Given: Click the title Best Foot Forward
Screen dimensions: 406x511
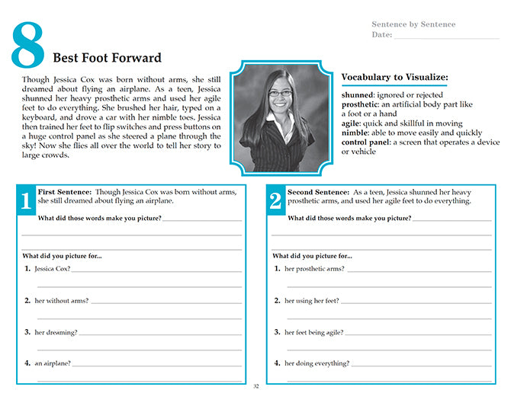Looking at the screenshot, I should coord(107,58).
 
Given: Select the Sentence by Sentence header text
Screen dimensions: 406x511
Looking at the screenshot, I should coord(413,24).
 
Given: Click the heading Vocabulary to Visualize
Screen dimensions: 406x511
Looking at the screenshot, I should coord(394,77).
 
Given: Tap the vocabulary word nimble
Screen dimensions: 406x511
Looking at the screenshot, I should coord(356,133).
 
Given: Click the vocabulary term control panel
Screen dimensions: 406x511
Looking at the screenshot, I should coord(365,142).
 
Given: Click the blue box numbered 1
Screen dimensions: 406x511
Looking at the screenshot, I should coord(26,200).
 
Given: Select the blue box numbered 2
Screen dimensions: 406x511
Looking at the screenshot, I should coord(276,200).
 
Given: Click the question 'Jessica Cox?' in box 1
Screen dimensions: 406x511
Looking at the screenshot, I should coord(52,269).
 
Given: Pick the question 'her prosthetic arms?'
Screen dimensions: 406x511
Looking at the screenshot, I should coord(314,269).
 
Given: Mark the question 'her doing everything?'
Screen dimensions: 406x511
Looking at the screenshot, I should coord(317,363).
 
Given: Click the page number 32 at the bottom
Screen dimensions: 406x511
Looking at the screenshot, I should coord(256,387).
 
